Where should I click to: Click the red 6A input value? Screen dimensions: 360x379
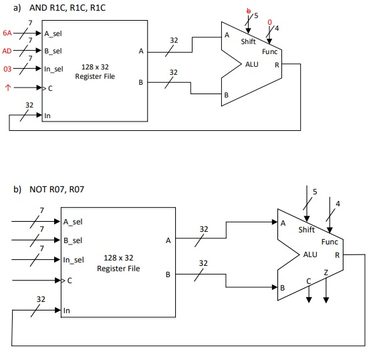(x=7, y=33)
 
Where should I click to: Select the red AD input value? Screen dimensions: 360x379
(x=7, y=51)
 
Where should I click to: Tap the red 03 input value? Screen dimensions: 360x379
(x=7, y=69)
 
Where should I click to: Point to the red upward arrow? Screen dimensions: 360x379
(x=8, y=87)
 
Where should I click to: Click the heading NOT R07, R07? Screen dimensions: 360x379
(x=55, y=190)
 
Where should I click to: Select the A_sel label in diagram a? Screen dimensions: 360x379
(x=53, y=33)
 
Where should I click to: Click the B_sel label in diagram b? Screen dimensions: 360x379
(x=73, y=240)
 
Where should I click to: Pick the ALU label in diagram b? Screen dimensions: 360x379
(x=310, y=254)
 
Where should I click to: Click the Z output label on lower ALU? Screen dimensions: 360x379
(x=326, y=273)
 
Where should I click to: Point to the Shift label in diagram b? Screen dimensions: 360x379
(x=307, y=230)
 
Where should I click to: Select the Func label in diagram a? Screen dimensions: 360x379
(x=269, y=51)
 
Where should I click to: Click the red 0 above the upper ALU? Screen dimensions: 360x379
(x=270, y=22)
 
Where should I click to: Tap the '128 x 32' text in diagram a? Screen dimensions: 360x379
(x=95, y=67)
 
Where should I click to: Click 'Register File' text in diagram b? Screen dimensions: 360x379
(x=118, y=268)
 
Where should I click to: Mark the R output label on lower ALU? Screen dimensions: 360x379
(x=337, y=255)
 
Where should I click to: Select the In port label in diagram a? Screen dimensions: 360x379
(x=48, y=116)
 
